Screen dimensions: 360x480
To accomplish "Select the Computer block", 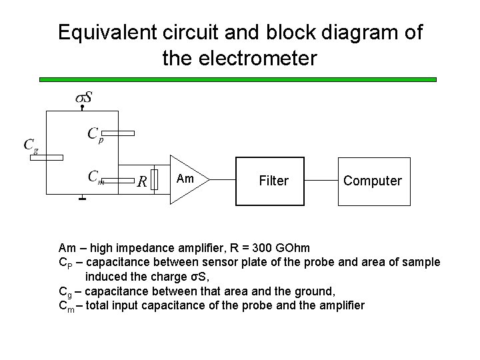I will [x=372, y=181].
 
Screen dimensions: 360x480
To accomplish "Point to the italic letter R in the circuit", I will [x=141, y=181].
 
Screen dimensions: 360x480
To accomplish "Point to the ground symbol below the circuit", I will [x=82, y=198].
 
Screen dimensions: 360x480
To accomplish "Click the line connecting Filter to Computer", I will [x=321, y=181].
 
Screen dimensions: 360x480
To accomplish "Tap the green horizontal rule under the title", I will [x=238, y=79].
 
